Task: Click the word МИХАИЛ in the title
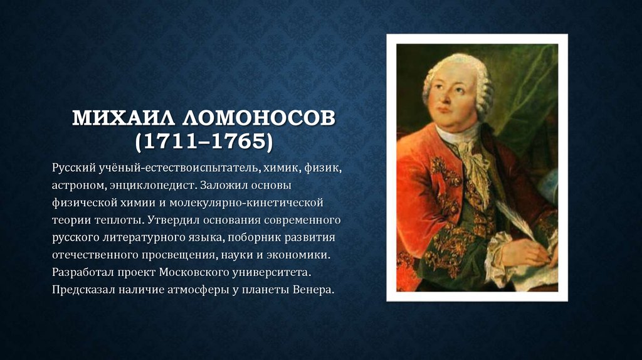point(124,119)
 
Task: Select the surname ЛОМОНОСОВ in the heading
point(259,119)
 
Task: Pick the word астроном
point(78,186)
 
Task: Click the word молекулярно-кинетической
point(246,203)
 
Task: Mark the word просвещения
point(180,255)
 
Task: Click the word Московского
point(194,272)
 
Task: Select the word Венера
point(313,290)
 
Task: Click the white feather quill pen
point(517,219)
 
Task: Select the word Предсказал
point(83,290)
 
